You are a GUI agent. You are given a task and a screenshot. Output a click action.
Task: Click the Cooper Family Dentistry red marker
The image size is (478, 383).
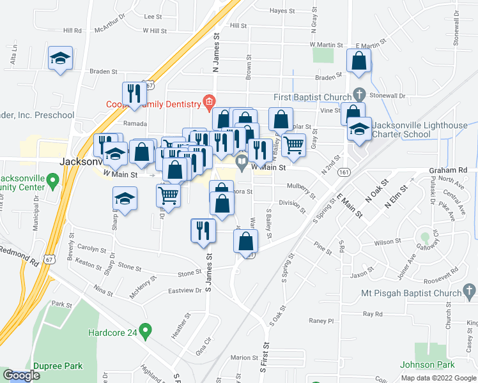208,101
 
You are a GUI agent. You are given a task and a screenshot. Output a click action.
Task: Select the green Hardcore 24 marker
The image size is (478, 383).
145,332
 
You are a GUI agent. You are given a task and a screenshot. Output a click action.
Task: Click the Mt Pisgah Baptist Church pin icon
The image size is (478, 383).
470,293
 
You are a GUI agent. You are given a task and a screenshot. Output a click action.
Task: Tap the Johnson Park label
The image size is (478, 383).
427,364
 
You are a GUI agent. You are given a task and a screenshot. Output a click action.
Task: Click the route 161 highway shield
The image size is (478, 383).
344,172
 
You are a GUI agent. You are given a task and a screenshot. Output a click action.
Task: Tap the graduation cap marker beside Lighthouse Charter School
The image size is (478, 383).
359,129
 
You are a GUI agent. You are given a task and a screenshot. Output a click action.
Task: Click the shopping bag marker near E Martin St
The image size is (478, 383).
358,61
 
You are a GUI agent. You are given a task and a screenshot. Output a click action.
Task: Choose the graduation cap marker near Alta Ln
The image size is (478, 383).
61,59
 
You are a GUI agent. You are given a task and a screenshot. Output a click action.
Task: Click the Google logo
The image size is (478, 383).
22,375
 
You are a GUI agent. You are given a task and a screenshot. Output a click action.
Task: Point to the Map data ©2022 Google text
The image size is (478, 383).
438,378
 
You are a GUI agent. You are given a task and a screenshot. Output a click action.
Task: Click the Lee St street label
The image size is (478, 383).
153,17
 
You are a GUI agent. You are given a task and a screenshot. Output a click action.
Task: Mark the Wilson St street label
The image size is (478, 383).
387,243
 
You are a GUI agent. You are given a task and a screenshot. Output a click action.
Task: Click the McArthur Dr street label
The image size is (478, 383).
106,28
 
